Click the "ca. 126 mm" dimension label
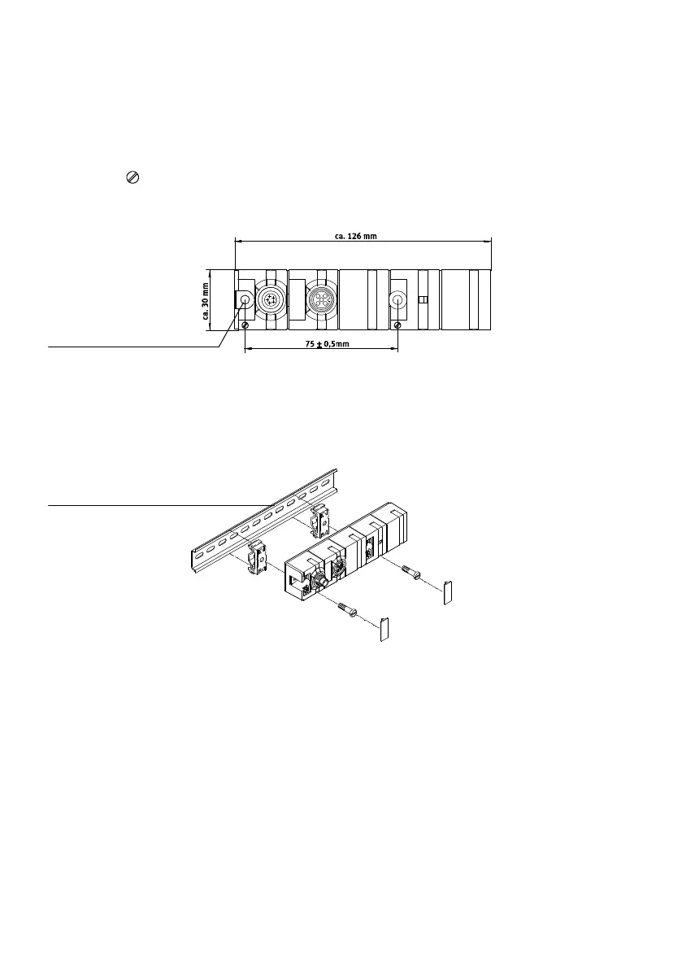coord(356,237)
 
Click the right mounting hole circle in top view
coord(397,300)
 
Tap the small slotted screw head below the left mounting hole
coord(245,325)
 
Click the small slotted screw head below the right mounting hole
coord(397,325)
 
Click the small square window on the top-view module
coord(423,300)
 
